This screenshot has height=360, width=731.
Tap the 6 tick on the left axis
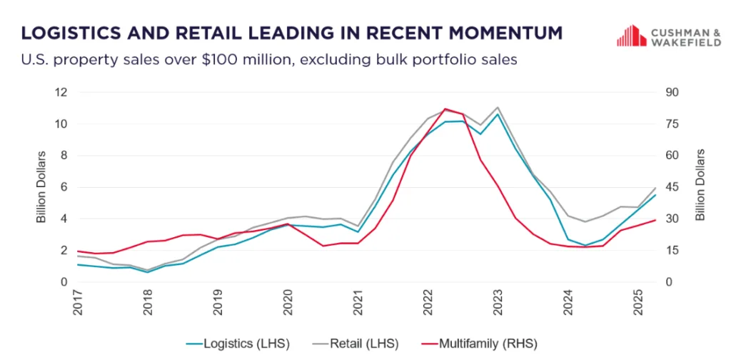click(x=63, y=187)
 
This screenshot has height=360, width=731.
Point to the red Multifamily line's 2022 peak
click(x=445, y=109)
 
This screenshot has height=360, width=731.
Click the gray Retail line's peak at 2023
click(x=497, y=108)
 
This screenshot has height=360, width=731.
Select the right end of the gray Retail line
click(x=655, y=188)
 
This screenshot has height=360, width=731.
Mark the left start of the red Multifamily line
click(x=78, y=251)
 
